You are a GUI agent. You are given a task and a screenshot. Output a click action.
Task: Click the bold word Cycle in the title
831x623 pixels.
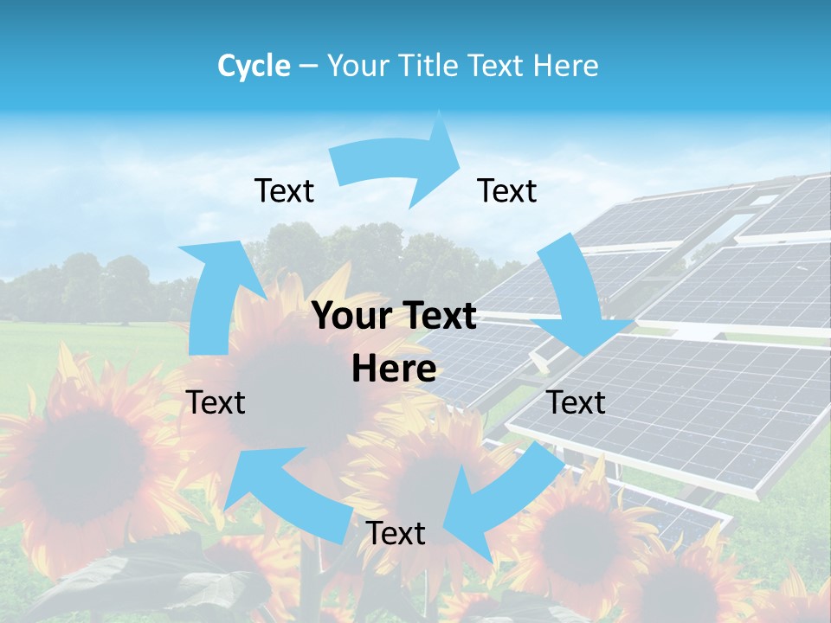[x=254, y=66]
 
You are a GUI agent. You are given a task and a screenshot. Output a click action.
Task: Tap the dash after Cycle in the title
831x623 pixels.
[x=308, y=66]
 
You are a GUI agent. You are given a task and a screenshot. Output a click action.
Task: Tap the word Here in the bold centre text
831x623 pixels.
[x=394, y=369]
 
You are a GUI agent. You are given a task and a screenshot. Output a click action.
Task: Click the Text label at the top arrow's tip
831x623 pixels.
[x=507, y=191]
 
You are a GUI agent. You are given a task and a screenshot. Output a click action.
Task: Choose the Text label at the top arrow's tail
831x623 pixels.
[x=285, y=191]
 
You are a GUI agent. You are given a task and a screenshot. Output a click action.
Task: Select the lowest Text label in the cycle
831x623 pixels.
[x=396, y=534]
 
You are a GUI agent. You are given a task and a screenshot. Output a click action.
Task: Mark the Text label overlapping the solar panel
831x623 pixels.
[x=577, y=402]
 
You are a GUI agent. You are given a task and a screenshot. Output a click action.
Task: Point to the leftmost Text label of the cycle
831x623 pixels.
[x=216, y=402]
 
